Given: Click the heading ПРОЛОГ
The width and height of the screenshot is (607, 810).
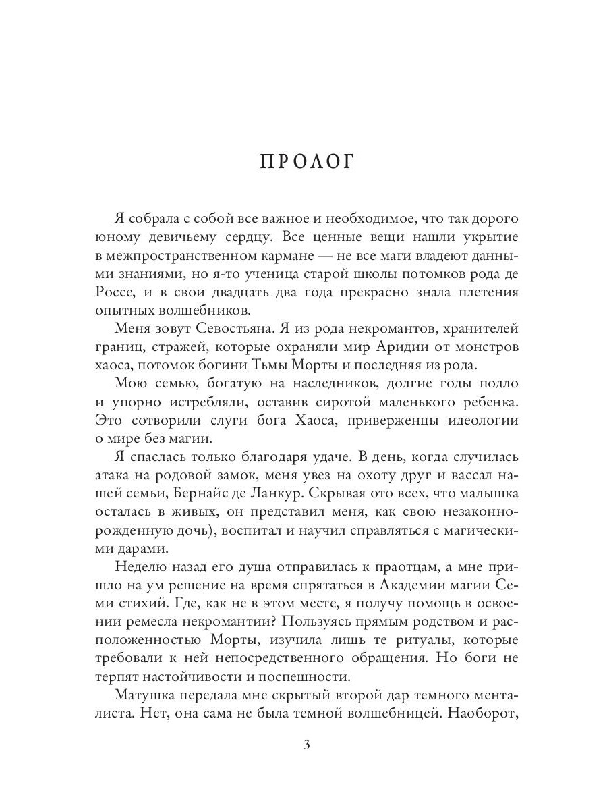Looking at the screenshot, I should coord(306,165).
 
